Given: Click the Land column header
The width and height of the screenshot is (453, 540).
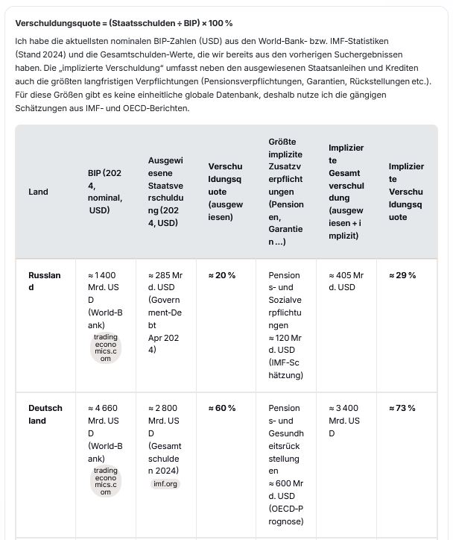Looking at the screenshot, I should click(38, 192).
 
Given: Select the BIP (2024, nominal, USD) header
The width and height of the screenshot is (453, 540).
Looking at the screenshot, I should click(105, 192).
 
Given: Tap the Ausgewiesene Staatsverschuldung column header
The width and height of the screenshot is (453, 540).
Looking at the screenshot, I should click(165, 192).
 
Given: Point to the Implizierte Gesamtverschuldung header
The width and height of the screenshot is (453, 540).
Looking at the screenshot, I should click(346, 192).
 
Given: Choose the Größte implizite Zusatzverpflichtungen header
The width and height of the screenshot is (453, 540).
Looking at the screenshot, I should click(286, 192).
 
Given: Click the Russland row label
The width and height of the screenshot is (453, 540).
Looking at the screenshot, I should click(45, 281).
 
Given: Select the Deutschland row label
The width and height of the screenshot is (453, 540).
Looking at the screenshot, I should click(45, 414).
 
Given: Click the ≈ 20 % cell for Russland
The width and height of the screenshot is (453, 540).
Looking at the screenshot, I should click(222, 275).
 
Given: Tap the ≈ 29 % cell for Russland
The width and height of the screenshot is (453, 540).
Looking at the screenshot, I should click(402, 275).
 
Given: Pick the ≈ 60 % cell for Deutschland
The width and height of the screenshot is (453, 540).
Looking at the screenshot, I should click(222, 408).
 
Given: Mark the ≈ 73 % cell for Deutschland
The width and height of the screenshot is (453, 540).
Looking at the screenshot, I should click(402, 408).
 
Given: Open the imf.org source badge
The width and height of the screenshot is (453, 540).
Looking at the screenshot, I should click(165, 483).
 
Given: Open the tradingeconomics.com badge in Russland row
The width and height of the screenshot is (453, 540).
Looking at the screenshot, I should click(106, 348).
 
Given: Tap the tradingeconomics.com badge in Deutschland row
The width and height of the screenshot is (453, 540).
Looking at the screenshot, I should click(106, 481).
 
